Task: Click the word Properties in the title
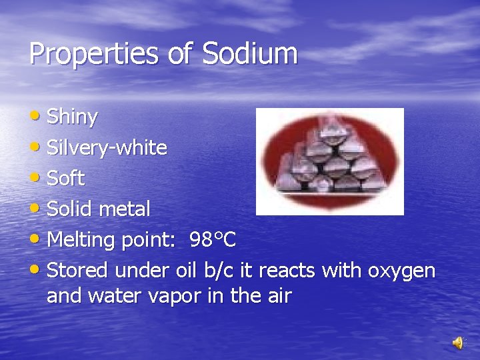point(93,54)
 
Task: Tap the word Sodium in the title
point(249,53)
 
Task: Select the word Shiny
point(73,117)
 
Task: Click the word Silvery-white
point(107,148)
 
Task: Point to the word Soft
point(66,179)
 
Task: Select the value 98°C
point(213,239)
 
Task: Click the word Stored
point(78,271)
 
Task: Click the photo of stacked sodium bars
point(330,161)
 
